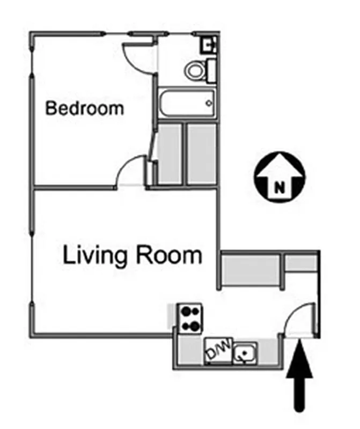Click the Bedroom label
84,108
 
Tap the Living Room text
133,255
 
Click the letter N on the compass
279,187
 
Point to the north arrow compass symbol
279,175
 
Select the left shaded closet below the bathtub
170,154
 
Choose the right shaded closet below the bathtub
201,154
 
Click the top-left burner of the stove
184,310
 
